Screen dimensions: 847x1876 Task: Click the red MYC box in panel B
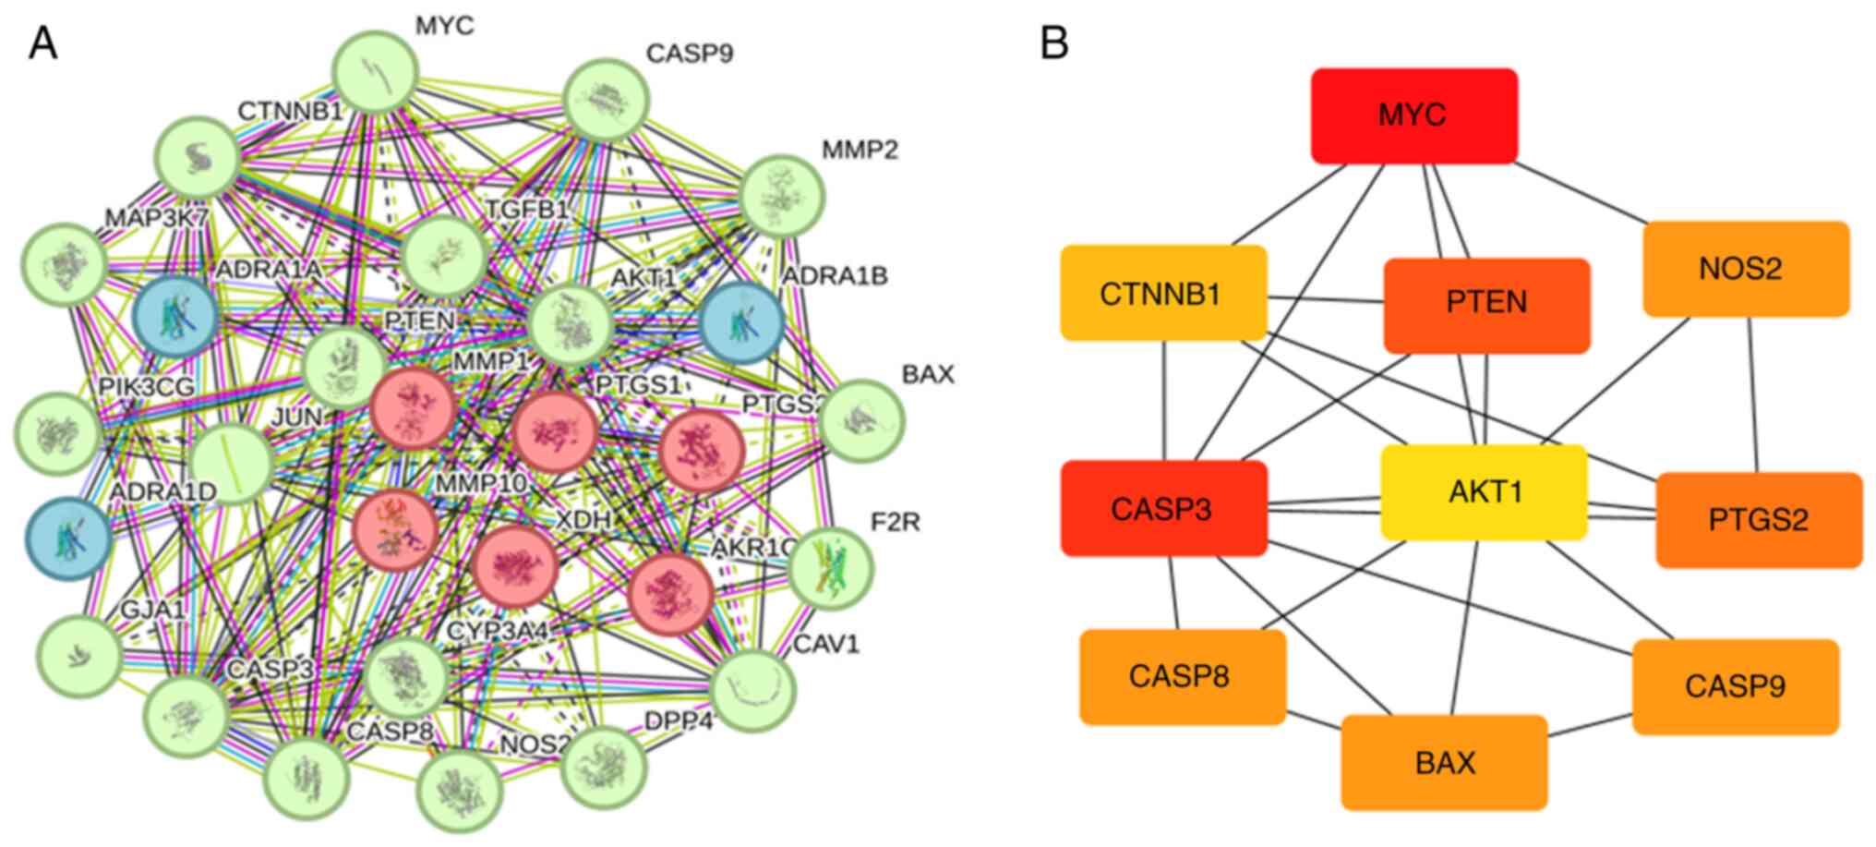(x=1413, y=115)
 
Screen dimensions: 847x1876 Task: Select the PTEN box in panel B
(x=1486, y=305)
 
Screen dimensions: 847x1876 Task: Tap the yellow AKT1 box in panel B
(x=1484, y=491)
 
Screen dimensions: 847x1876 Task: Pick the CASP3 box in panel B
(x=1163, y=508)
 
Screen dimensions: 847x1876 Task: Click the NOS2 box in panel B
(x=1746, y=269)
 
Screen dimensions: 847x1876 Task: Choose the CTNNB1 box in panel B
(x=1163, y=293)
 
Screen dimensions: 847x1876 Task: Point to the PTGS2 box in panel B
(x=1759, y=520)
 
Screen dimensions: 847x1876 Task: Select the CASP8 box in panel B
(x=1182, y=676)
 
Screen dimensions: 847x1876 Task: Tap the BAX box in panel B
(x=1444, y=762)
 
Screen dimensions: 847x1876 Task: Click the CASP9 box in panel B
(x=1736, y=686)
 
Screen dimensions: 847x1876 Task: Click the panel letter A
(x=42, y=42)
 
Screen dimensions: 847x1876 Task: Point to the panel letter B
(x=1054, y=42)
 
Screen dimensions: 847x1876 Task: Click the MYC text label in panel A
(x=444, y=26)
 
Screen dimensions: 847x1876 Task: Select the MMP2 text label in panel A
(x=859, y=149)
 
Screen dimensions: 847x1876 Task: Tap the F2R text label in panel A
(x=895, y=522)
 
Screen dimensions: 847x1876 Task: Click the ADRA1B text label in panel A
(x=834, y=276)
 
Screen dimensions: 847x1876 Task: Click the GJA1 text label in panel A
(x=153, y=610)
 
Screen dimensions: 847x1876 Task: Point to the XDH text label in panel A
(x=583, y=520)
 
